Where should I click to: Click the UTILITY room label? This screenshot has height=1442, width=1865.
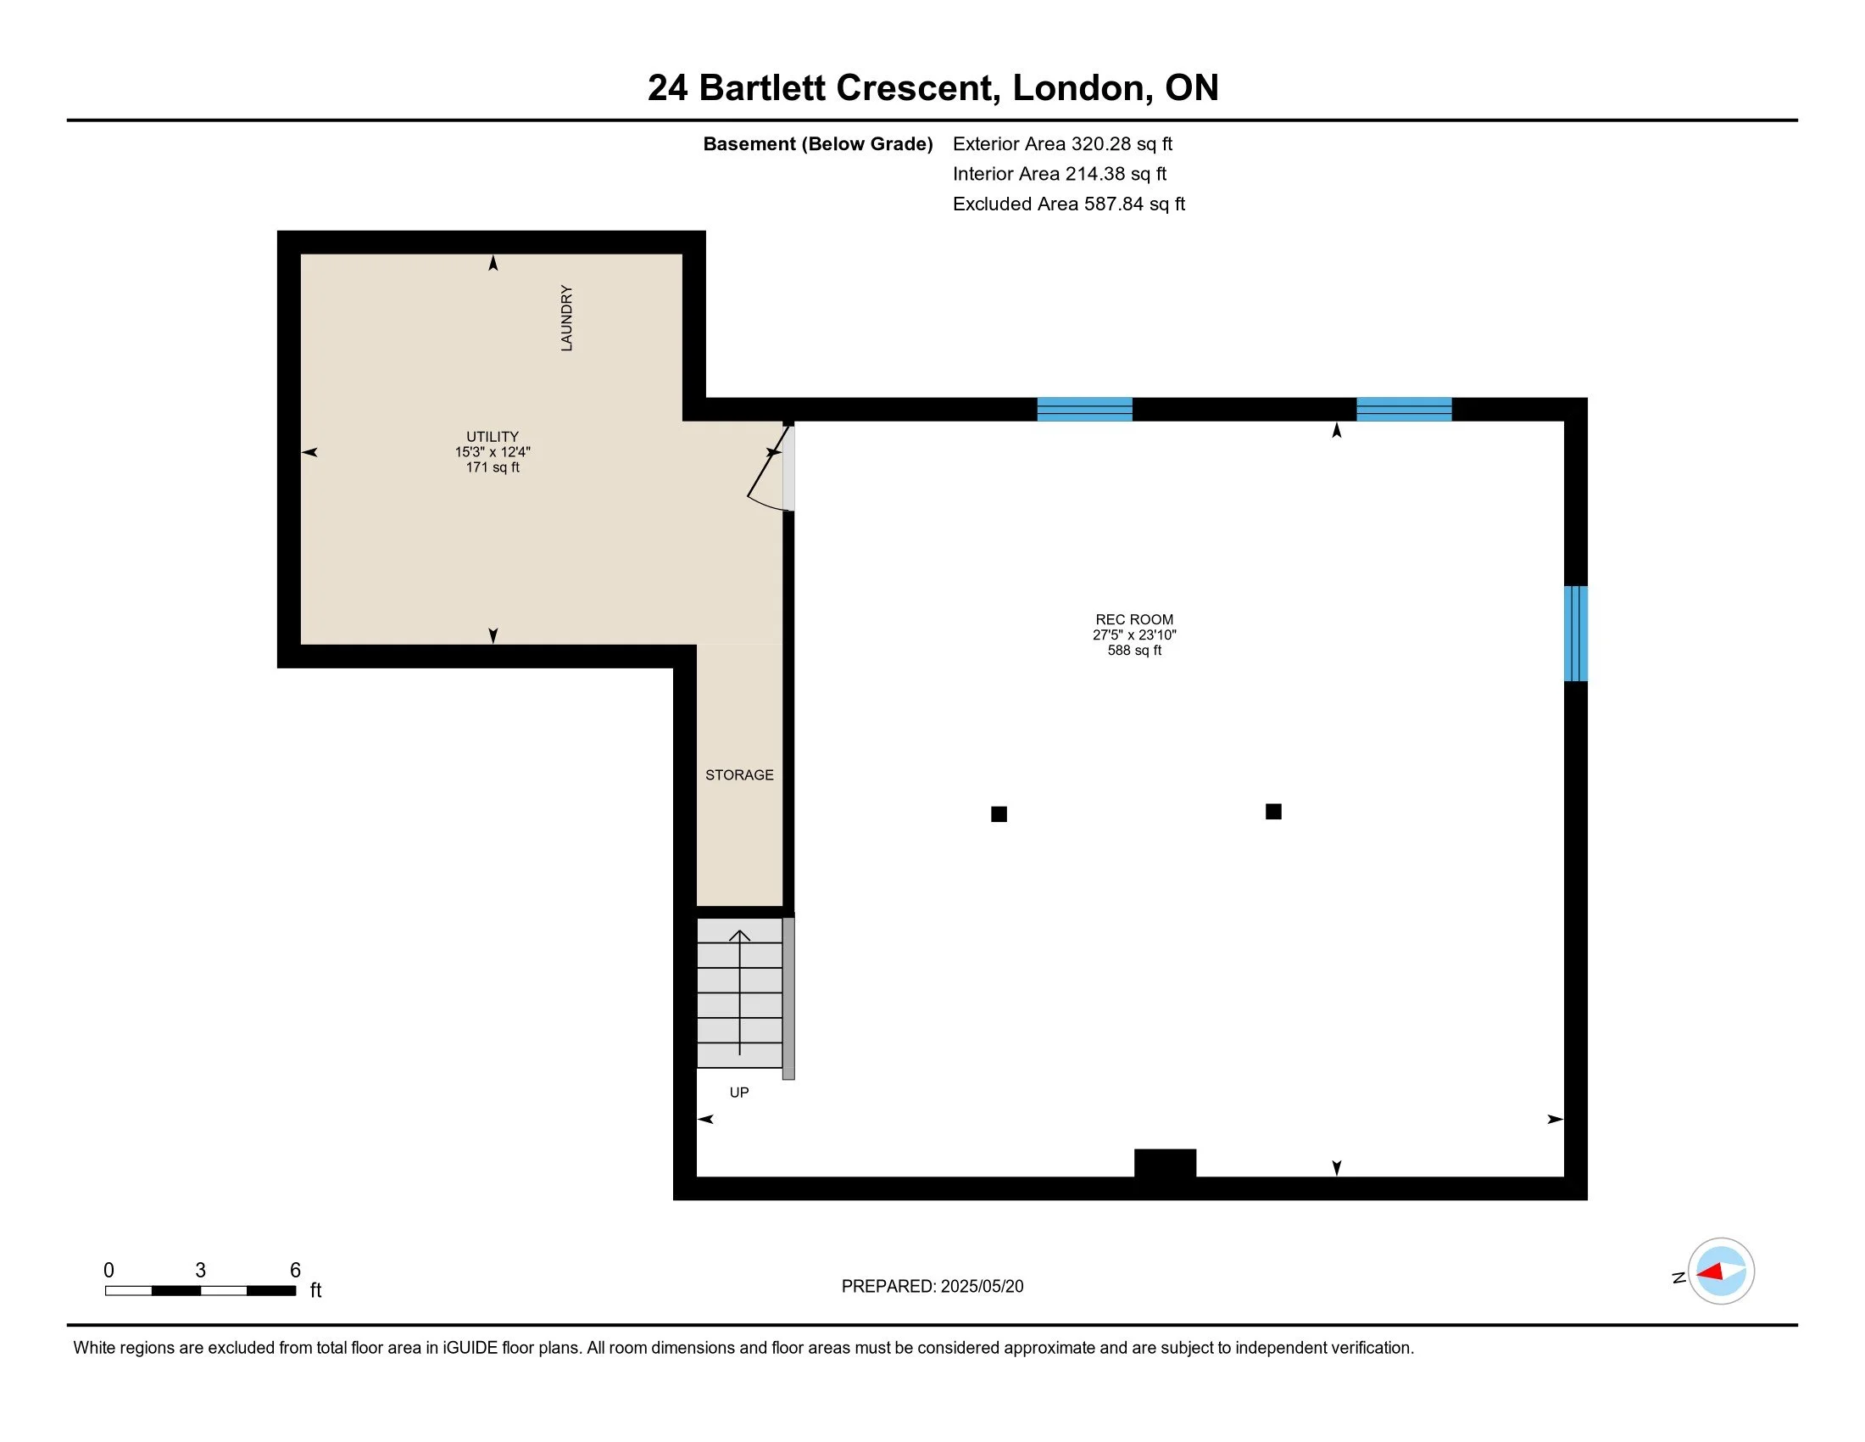point(492,437)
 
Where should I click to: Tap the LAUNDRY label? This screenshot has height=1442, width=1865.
point(566,318)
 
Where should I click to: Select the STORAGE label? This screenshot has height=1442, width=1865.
point(739,774)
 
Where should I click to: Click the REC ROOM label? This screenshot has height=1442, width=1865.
point(1134,619)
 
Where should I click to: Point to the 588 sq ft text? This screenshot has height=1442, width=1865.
point(1134,650)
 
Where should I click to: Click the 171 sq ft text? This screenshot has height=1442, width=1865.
point(492,467)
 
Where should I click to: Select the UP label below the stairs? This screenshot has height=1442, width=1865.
point(739,1092)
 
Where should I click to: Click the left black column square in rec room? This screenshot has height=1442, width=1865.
point(999,814)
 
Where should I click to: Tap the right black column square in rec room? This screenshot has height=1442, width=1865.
point(1273,812)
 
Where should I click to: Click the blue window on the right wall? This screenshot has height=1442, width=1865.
point(1576,633)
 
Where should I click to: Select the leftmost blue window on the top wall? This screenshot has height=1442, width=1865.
point(1084,409)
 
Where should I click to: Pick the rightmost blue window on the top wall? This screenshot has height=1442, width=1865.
point(1404,409)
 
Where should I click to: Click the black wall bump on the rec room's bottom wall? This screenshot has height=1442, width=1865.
point(1165,1164)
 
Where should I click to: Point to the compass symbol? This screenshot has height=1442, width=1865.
point(1721,1271)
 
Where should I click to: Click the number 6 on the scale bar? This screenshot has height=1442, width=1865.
point(296,1270)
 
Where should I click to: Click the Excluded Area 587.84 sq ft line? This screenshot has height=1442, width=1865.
point(1069,204)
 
